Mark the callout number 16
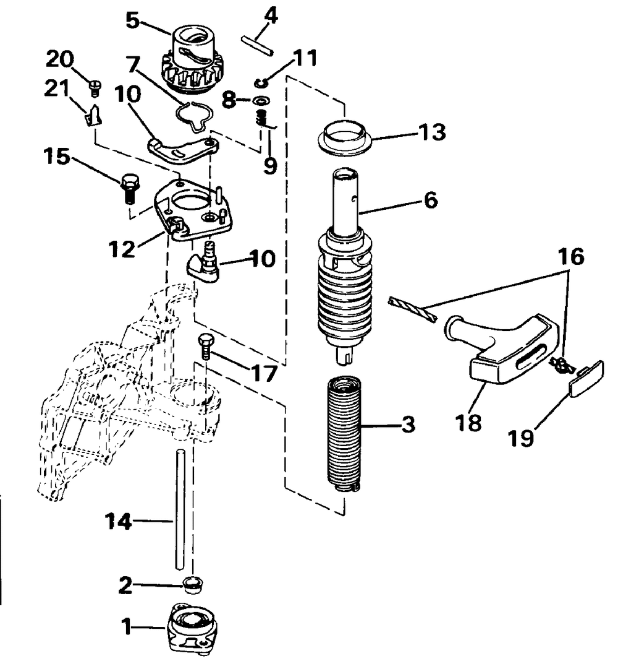[x=572, y=256]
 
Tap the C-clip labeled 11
[x=262, y=82]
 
